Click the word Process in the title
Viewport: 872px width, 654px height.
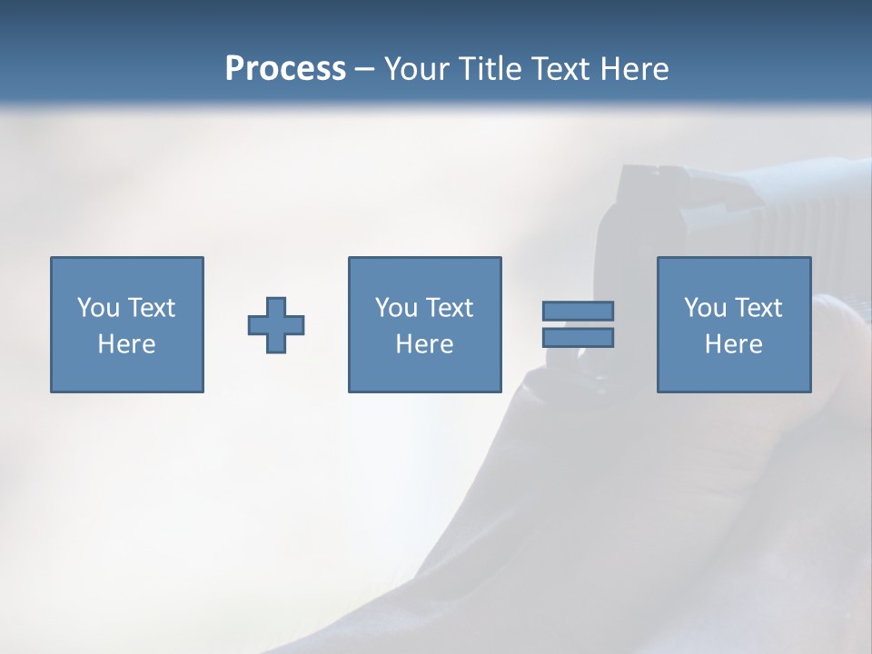(x=285, y=69)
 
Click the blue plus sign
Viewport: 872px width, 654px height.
(x=276, y=325)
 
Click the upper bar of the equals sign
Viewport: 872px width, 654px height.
(x=578, y=312)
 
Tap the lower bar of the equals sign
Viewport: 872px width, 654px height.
(x=578, y=338)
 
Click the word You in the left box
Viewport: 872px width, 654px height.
(x=98, y=308)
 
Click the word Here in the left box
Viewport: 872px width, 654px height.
(x=126, y=344)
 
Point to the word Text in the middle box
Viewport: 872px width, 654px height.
(x=451, y=308)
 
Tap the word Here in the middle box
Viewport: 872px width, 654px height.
(x=424, y=344)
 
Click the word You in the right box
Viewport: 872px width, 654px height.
(x=705, y=308)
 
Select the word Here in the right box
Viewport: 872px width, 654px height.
(x=733, y=344)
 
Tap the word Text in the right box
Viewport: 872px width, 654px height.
(x=759, y=308)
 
